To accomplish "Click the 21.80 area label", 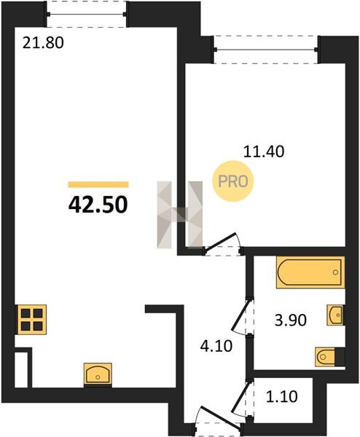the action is pos(43,43).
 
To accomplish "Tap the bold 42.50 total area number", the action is pos(98,205).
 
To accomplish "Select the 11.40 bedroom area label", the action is pos(264,151).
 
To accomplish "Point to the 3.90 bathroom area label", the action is pos(291,320).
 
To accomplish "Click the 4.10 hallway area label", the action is pos(216,347).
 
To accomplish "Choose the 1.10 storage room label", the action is pos(281,396).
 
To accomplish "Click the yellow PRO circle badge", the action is pos(233,181).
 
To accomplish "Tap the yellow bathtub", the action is pos(310,272).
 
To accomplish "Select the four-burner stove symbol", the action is pos(32,320).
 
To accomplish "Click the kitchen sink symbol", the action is pos(98,374).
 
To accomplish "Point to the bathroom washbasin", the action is pos(335,315).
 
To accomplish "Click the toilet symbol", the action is pos(329,357).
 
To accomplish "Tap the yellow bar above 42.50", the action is pos(98,184).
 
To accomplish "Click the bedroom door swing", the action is pos(222,243).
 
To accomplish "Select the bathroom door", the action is pos(242,316).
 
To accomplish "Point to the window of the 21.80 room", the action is pos(87,14).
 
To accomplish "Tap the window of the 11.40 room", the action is pos(266,50).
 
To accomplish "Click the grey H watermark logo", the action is pos(179,215).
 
